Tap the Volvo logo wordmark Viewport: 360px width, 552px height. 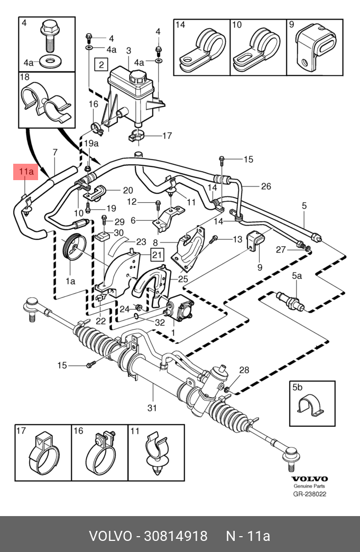[310, 479]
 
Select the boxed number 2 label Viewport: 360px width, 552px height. [100, 65]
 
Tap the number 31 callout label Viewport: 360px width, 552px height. [152, 407]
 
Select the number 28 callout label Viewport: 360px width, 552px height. [244, 370]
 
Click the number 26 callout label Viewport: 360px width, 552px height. [266, 186]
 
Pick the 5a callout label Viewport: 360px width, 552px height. [297, 276]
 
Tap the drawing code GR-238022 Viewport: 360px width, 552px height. [310, 494]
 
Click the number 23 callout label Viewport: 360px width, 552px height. [141, 242]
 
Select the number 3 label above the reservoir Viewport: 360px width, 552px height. [128, 51]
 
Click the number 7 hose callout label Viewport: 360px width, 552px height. [54, 153]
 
